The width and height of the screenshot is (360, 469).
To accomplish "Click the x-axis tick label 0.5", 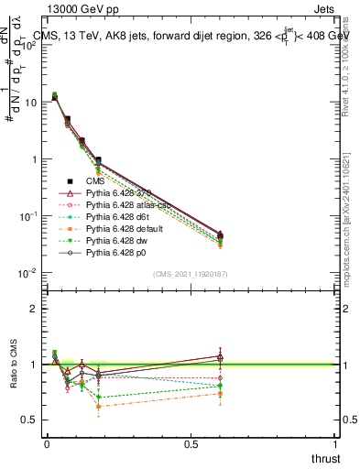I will (x=191, y=443).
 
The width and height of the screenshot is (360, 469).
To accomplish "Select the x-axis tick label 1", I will (x=335, y=443).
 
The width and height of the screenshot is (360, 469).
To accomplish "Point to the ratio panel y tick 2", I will (x=33, y=309).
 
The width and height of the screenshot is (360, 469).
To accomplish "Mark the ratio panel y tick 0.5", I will (x=29, y=420).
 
